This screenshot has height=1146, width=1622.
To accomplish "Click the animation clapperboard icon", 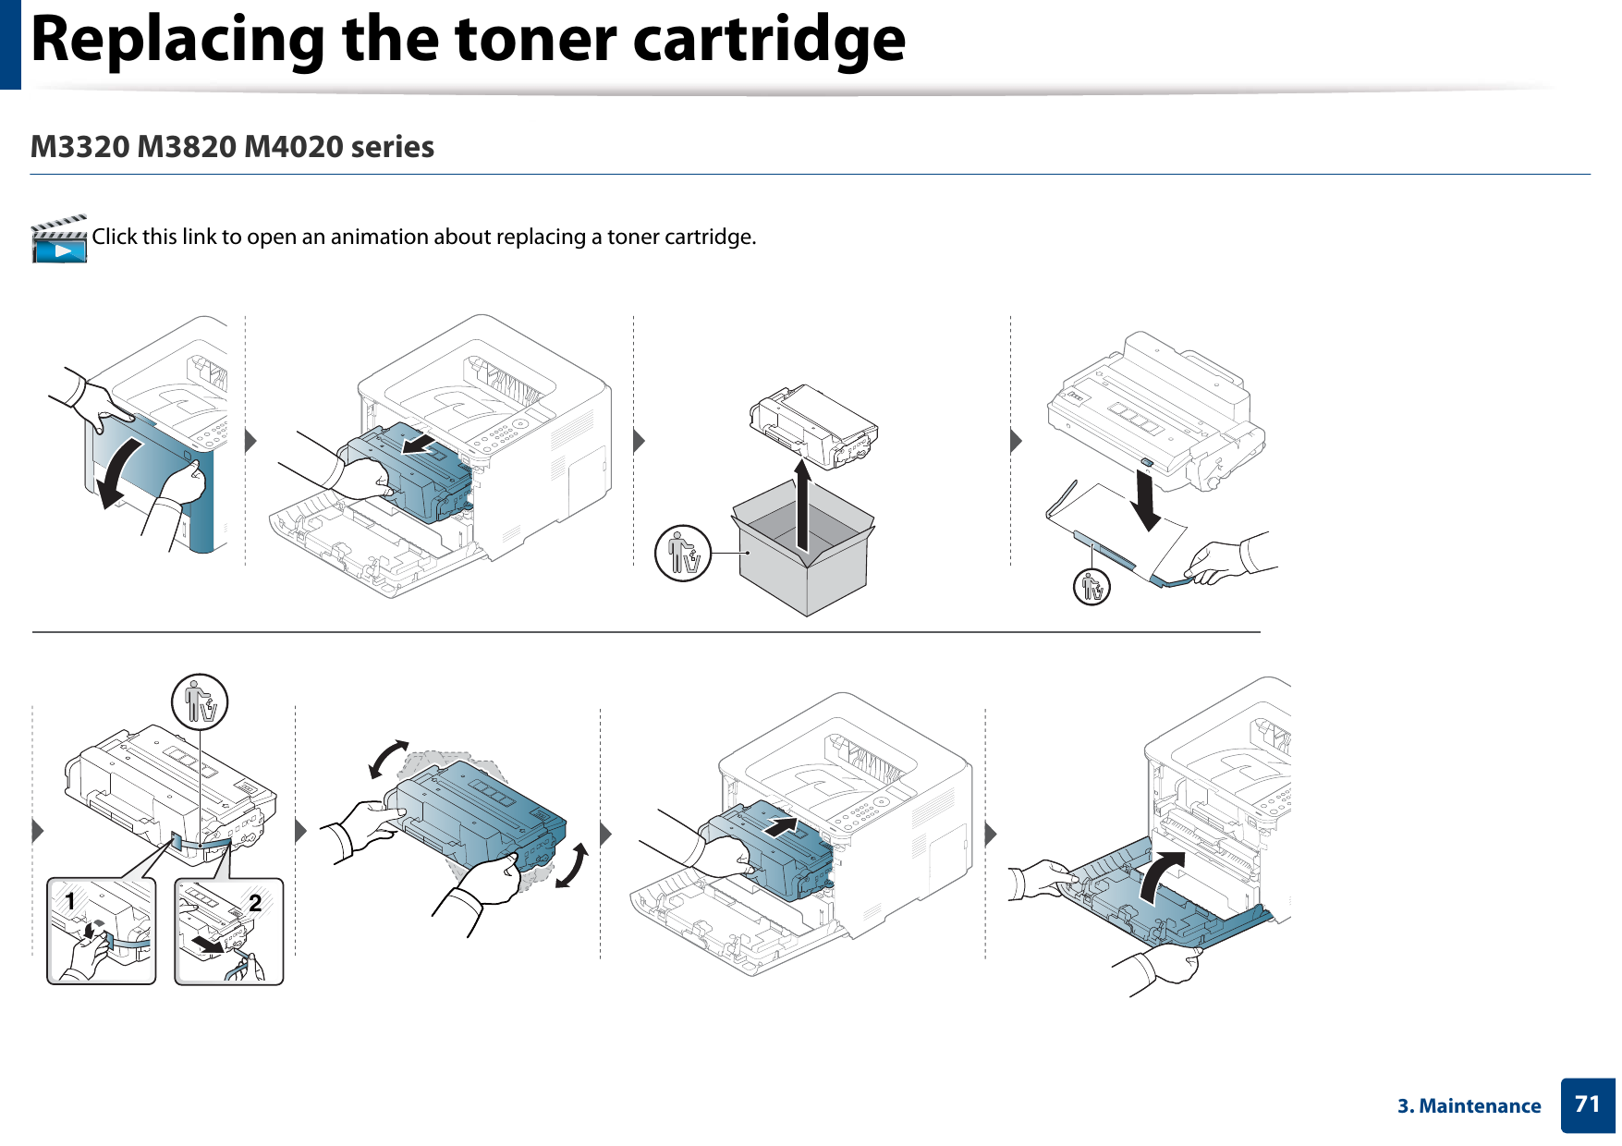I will (x=59, y=240).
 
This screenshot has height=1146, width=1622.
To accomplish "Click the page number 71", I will (x=1587, y=1104).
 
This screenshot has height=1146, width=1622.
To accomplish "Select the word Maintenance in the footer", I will (x=1480, y=1106).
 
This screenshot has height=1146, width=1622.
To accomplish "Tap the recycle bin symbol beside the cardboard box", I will (x=683, y=554).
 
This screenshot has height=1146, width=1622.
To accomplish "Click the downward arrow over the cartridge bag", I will (x=1146, y=500).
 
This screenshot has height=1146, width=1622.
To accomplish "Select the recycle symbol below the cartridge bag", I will (x=1092, y=587).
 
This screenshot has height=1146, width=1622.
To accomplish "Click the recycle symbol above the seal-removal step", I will (x=200, y=702).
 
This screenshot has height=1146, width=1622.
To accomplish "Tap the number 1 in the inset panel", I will (x=69, y=900).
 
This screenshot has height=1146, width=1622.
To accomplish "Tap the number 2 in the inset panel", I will (x=255, y=902).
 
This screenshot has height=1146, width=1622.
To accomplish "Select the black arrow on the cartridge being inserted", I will (x=781, y=825).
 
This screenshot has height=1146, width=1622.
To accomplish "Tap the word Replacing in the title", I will (x=177, y=41).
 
